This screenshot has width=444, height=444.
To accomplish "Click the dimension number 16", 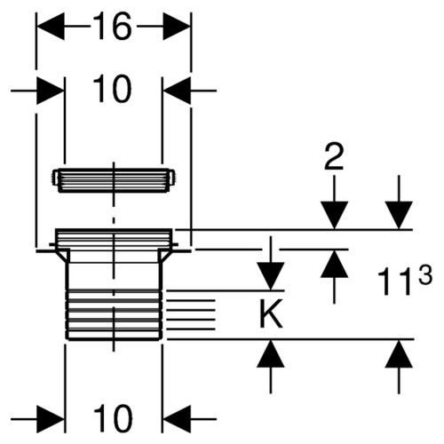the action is point(112,27).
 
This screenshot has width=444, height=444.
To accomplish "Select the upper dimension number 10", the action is point(112,89).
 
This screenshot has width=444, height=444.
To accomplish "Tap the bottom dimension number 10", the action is point(113,418).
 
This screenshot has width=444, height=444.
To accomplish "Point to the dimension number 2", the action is point(334,156).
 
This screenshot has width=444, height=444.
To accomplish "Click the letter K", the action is point(271,313).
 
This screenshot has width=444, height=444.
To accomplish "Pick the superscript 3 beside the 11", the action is point(424,274).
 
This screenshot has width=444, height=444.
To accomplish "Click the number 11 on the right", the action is point(396,281).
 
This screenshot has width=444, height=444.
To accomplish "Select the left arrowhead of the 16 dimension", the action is point(51,27).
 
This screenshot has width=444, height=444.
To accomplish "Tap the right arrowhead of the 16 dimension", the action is point(177,27).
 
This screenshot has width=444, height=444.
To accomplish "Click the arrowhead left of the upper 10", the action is point(51,91).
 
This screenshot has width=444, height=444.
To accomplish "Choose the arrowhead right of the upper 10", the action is point(177,91).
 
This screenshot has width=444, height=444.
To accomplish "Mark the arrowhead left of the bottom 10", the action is point(51,419).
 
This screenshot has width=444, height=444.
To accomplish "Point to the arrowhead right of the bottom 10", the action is point(177,419).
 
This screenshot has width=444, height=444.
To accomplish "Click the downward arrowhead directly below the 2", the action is point(334,215).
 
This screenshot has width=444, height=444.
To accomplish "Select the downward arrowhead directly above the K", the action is point(271,276).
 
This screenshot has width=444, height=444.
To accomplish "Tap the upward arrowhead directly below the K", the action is point(271,353).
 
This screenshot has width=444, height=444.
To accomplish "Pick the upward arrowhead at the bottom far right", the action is point(399,353).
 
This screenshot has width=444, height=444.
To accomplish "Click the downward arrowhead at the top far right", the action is point(399,215).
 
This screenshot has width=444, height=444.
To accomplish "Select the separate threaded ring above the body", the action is point(114,180).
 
